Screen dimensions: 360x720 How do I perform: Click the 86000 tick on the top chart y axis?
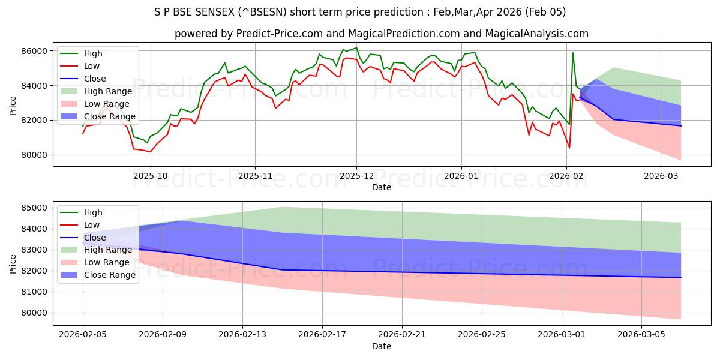35,51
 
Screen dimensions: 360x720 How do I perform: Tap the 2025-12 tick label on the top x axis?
356,177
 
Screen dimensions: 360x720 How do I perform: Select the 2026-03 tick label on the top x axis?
661,177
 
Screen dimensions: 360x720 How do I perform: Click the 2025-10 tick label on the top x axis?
150,177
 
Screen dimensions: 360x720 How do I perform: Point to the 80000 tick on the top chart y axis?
35,155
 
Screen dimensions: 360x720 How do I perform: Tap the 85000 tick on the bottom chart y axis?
35,208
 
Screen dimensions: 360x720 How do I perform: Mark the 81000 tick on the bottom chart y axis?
35,292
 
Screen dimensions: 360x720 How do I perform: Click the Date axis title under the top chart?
381,187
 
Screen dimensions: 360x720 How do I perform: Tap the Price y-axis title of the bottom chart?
13,263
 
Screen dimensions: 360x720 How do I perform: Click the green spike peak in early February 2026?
572,53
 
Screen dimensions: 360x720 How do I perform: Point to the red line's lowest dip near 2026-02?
569,148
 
